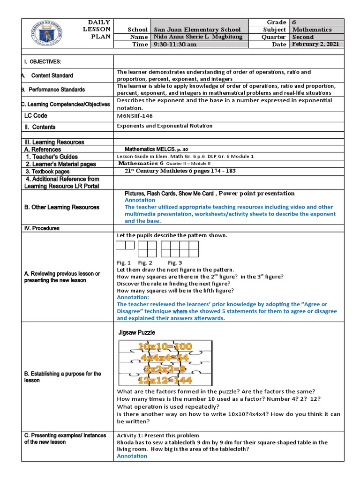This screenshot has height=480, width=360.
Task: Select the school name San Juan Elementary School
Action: (197, 30)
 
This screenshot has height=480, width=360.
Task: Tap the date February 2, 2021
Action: (316, 44)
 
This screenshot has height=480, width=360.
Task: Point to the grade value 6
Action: (294, 22)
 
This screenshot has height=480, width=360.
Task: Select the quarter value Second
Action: (304, 37)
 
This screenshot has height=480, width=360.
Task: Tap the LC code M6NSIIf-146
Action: (135, 116)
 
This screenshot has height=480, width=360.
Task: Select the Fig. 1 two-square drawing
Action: (125, 245)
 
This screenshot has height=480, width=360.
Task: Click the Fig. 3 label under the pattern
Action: (175, 263)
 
